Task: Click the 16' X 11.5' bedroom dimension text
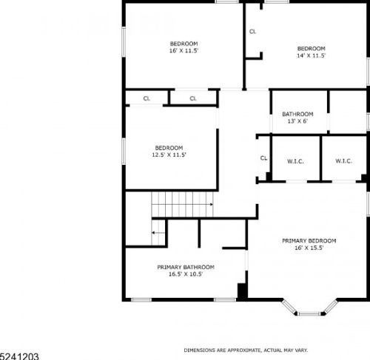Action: click(184, 51)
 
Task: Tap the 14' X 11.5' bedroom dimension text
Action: click(311, 55)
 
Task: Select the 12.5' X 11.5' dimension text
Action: click(169, 155)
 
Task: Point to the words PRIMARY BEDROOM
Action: click(309, 241)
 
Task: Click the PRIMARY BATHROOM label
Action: click(186, 267)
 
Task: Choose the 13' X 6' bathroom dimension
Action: click(297, 121)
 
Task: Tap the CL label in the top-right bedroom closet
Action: click(252, 32)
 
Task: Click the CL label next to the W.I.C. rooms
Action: click(263, 158)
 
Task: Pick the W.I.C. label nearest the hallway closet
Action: click(295, 162)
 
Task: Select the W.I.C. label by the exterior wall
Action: click(343, 161)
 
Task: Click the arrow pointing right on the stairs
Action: click(183, 204)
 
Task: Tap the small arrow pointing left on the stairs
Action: click(158, 233)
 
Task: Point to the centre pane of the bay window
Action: click(309, 313)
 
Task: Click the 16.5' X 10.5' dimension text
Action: click(186, 274)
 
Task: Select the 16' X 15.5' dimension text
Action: click(309, 248)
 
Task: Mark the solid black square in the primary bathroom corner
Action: click(242, 291)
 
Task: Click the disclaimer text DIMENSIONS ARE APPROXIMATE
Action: click(222, 350)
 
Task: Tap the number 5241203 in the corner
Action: click(19, 356)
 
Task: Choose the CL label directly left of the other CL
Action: click(147, 98)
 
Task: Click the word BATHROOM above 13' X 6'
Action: click(297, 114)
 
